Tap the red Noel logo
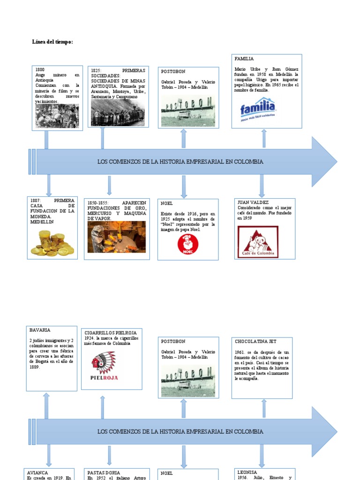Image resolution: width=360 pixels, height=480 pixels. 188,244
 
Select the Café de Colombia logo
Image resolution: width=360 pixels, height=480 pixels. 258,242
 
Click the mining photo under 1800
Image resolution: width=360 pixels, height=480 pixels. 57,116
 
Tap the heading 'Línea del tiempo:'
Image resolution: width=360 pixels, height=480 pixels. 52,42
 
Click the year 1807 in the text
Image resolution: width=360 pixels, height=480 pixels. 36,201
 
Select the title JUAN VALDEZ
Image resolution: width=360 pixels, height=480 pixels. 253,202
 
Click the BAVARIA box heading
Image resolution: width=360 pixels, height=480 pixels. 40,330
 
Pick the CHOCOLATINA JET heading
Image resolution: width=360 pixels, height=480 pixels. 256,342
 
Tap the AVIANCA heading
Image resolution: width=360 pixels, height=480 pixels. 37,473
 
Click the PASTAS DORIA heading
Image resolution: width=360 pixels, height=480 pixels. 104,473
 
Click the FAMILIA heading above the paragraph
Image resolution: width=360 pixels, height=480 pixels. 244,59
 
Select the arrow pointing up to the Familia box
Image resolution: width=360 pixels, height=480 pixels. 264,139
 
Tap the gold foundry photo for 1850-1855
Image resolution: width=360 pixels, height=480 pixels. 116,237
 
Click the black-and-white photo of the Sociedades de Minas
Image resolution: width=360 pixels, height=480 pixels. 118,112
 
